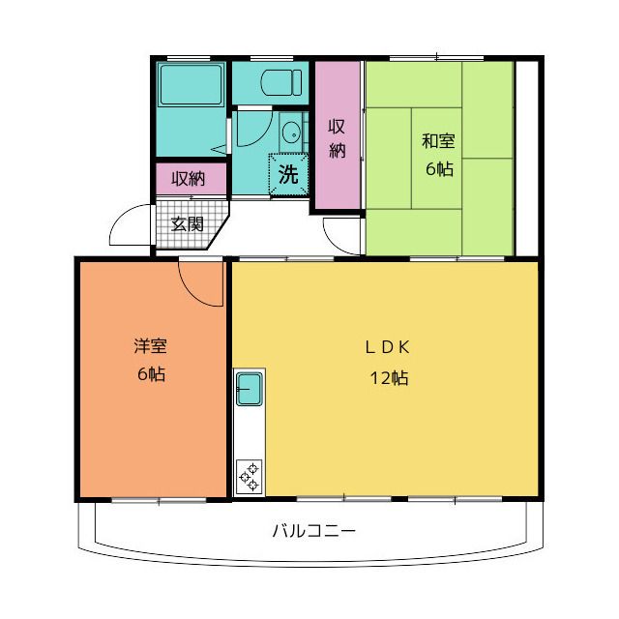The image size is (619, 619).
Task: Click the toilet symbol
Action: (x=281, y=82)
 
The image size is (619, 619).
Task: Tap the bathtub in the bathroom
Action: (x=192, y=85)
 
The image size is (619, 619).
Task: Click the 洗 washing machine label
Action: (x=288, y=174)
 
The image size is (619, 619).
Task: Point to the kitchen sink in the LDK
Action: (x=250, y=389)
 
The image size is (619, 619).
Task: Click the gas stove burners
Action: (x=250, y=476)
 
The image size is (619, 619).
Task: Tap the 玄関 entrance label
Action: (x=187, y=224)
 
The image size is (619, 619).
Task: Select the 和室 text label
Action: (x=438, y=141)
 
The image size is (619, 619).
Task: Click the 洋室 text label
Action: (x=151, y=346)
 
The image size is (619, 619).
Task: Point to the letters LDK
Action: (x=387, y=347)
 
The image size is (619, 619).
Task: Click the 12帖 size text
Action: (x=389, y=378)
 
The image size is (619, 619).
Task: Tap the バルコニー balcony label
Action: (x=313, y=531)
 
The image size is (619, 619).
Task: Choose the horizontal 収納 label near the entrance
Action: (x=189, y=179)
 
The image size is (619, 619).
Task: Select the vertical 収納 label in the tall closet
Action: (x=338, y=138)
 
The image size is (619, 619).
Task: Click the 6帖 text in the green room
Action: (x=439, y=169)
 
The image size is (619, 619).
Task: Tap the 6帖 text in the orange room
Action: (x=151, y=374)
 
